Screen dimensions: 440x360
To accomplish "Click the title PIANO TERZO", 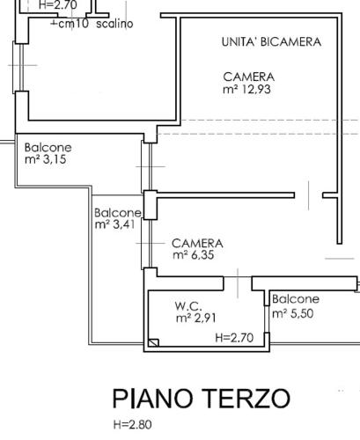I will [201, 399].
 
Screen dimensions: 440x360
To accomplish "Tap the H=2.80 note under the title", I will [133, 426].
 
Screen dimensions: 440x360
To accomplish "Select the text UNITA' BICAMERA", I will [270, 42].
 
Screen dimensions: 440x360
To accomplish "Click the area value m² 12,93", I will [248, 89].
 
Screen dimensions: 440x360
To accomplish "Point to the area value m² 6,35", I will [193, 255].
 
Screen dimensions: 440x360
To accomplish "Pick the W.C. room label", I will [189, 305].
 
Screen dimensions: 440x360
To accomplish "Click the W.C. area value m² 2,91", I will [196, 318].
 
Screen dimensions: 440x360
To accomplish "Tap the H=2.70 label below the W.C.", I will [234, 337].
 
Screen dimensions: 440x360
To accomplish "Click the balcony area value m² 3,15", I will [46, 160].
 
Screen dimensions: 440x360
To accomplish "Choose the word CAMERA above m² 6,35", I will [197, 243].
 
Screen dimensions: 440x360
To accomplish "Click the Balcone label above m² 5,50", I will [295, 299].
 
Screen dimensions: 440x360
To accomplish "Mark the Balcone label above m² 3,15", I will [48, 148].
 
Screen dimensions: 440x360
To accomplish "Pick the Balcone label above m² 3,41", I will [117, 213].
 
